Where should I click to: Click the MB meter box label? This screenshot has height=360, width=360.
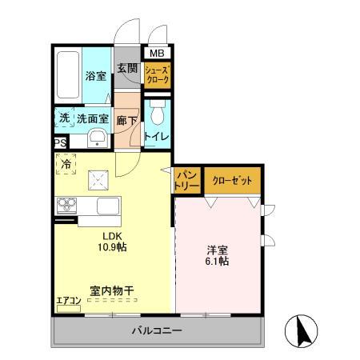pos(156,54)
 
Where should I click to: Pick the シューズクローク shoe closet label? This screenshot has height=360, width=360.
pos(156,77)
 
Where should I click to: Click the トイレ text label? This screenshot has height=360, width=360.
pos(156,137)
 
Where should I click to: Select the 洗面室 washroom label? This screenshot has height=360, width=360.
pos(92,118)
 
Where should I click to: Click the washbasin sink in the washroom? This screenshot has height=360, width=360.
pos(98,140)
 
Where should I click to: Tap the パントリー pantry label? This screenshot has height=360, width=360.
pos(186,180)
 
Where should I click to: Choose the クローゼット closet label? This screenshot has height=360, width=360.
pos(232,181)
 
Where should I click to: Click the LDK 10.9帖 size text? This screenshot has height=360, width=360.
pos(113,242)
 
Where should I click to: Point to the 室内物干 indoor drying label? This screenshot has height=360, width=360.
pos(112,293)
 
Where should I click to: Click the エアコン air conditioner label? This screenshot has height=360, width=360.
pos(68,302)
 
